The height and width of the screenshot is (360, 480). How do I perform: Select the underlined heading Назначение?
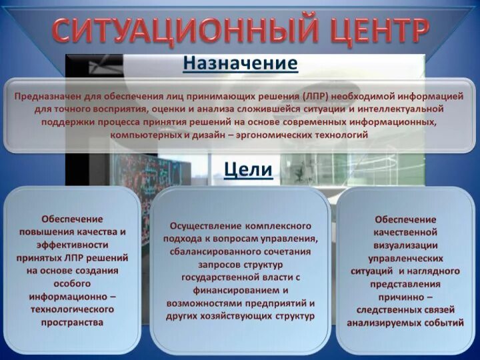tap(240, 64)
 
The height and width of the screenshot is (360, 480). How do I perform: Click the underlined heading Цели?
tap(248, 169)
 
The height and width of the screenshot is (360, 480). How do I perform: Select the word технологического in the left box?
tap(73, 309)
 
